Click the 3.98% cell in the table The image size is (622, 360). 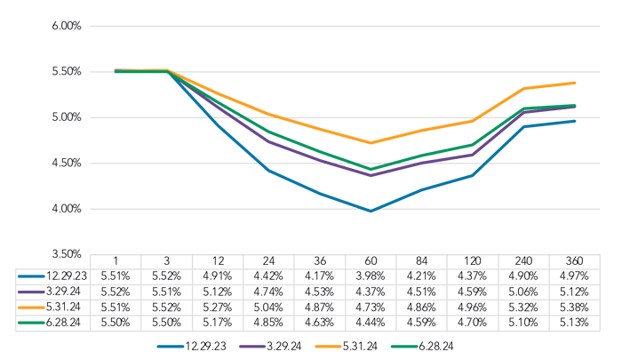(371, 276)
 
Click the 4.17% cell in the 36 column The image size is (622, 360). (321, 276)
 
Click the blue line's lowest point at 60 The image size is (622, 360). (371, 212)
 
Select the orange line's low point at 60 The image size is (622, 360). (371, 142)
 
